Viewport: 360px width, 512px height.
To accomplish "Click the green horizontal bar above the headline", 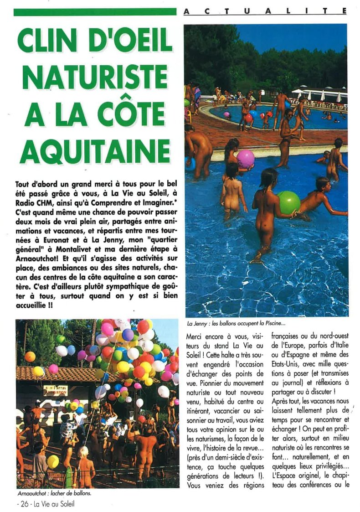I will [95, 12].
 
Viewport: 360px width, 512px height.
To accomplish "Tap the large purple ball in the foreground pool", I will [245, 158].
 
